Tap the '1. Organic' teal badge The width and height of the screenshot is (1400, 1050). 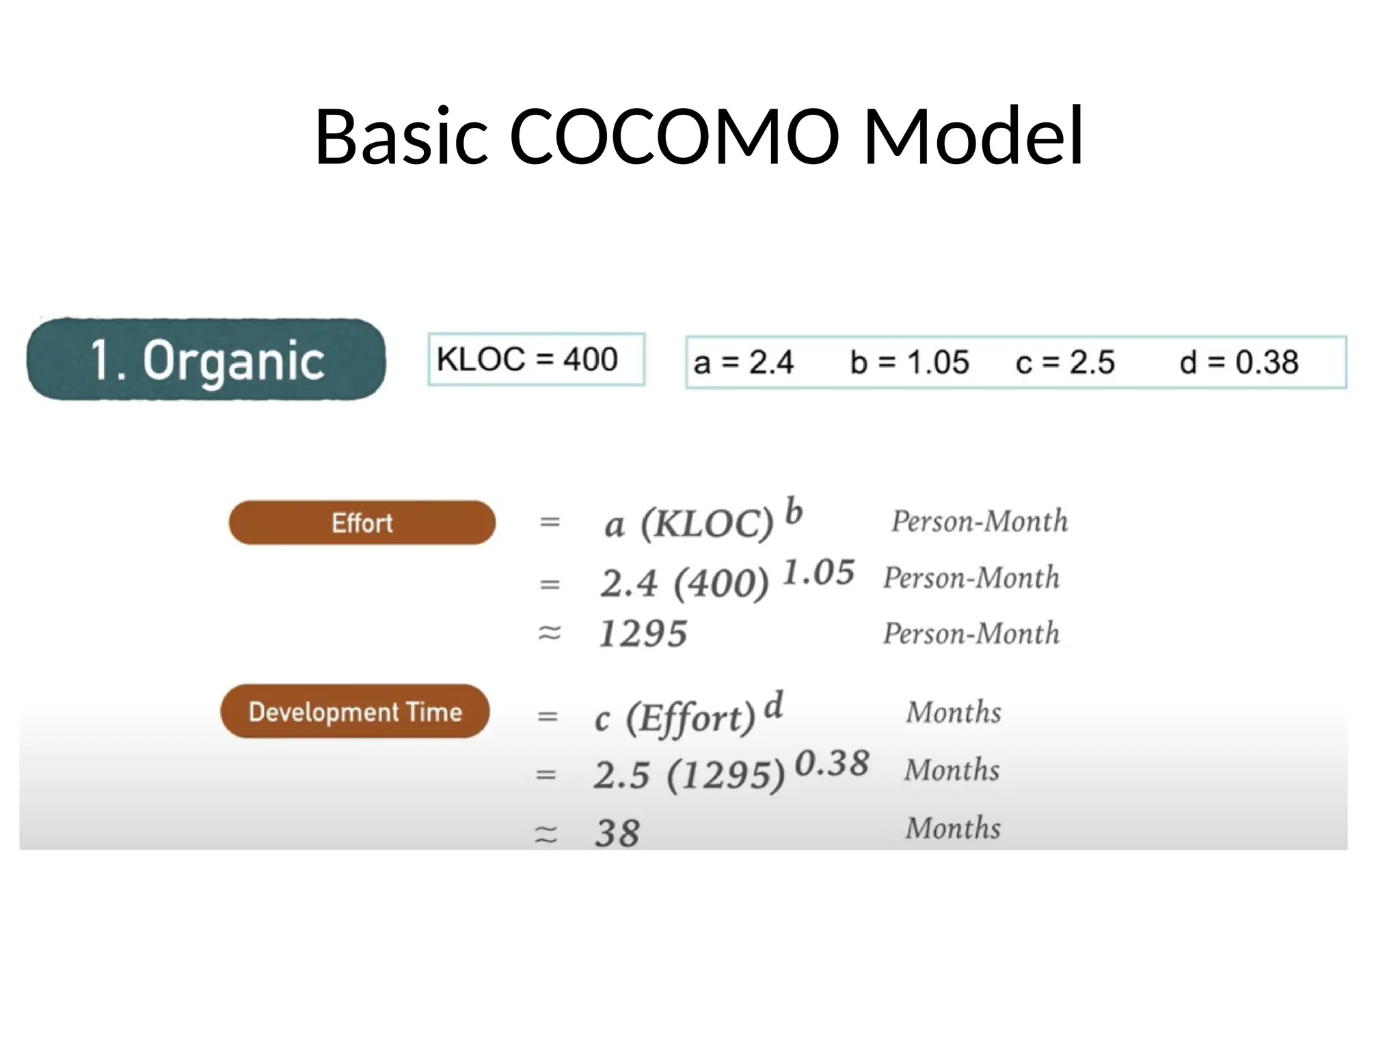coord(206,359)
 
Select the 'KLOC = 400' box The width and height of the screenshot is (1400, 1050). coord(536,360)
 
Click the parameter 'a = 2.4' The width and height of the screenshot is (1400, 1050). coord(743,362)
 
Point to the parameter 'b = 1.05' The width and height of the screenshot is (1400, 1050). coord(909,362)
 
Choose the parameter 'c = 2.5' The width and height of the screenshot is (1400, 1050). coord(1064,362)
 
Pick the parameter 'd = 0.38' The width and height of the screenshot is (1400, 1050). coord(1239,362)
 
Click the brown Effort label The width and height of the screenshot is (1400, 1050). coord(362,523)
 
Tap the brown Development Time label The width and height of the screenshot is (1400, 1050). coord(355,712)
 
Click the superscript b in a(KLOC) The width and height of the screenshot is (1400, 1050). coord(793,511)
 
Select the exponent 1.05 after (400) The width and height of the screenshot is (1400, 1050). coord(818,572)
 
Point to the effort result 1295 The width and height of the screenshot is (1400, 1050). coord(643,634)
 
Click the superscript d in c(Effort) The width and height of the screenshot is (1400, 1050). coord(773,705)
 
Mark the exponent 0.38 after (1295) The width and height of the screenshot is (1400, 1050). coord(832,763)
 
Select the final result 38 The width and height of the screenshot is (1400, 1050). coord(617,833)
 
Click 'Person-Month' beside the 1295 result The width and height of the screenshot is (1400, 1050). coord(971,634)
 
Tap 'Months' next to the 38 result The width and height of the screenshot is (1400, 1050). coord(953,828)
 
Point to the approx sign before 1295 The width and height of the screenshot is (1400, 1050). coord(550,633)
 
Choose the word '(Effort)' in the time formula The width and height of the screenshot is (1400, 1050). coord(691,718)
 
